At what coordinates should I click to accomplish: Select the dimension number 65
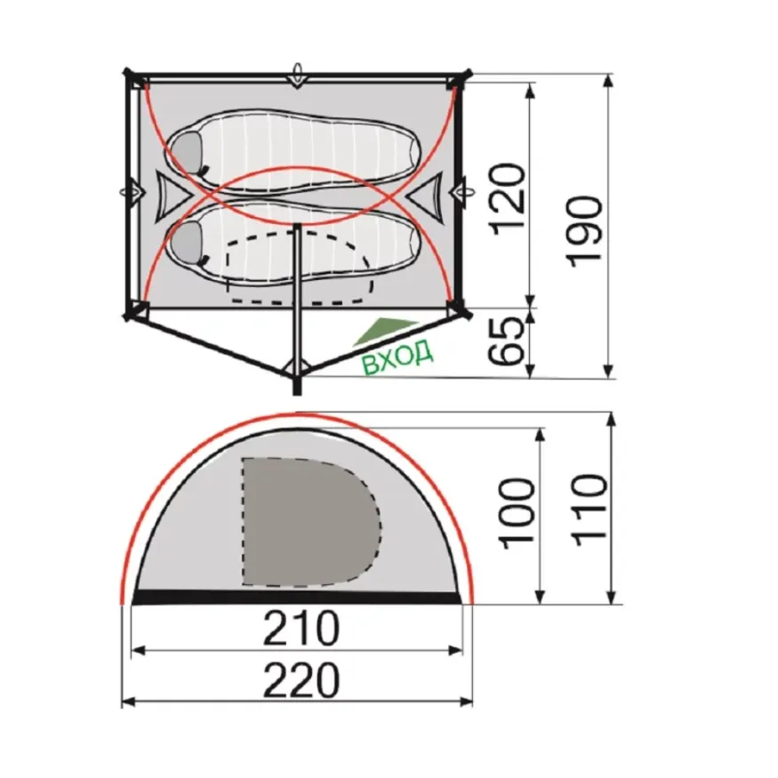(506, 341)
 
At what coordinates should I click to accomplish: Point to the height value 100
(518, 514)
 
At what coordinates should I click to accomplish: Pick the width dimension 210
(301, 628)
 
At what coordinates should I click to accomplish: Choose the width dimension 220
(301, 680)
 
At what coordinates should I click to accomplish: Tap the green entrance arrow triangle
(384, 331)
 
